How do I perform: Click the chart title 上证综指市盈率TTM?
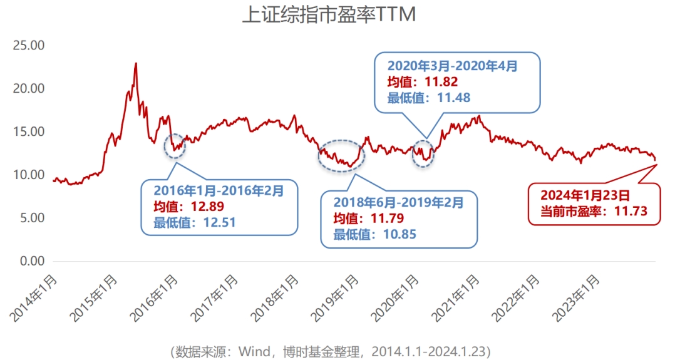pyautogui.click(x=328, y=15)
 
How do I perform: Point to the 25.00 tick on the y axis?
pyautogui.click(x=29, y=46)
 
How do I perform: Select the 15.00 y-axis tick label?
pyautogui.click(x=29, y=132)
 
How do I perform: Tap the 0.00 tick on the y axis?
pyautogui.click(x=33, y=261)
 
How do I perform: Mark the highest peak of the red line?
pyautogui.click(x=136, y=63)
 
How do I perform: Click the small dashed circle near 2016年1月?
pyautogui.click(x=175, y=145)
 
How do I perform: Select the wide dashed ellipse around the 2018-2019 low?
pyautogui.click(x=341, y=156)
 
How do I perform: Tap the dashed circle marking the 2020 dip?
pyautogui.click(x=423, y=154)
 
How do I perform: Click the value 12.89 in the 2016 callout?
pyautogui.click(x=206, y=205)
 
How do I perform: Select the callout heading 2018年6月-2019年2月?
pyautogui.click(x=398, y=202)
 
